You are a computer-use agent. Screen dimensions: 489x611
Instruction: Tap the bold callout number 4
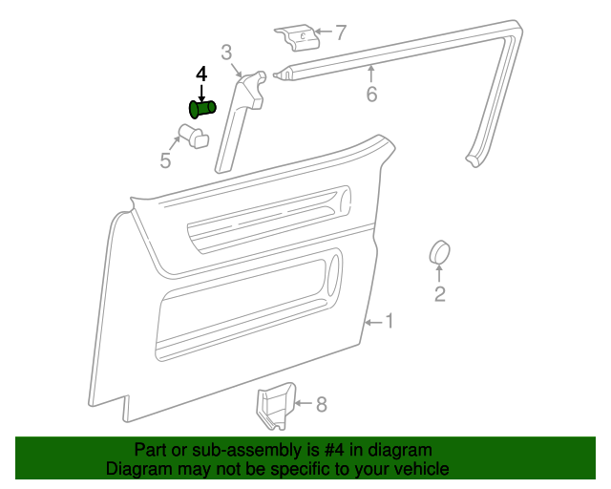pyautogui.click(x=200, y=74)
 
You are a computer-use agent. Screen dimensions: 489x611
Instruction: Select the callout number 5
pyautogui.click(x=165, y=160)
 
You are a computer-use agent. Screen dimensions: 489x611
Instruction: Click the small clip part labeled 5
pyautogui.click(x=195, y=136)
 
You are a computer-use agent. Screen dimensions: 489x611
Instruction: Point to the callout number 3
pyautogui.click(x=227, y=52)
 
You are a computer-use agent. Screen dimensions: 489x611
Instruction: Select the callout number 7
pyautogui.click(x=340, y=33)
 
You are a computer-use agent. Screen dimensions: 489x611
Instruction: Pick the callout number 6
pyautogui.click(x=371, y=94)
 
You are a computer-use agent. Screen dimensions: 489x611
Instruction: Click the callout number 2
pyautogui.click(x=440, y=293)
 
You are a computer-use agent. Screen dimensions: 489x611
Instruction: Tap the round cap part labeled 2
pyautogui.click(x=439, y=252)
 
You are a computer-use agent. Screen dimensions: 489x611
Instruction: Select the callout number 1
pyautogui.click(x=389, y=321)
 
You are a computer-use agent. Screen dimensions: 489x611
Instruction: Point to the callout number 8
pyautogui.click(x=321, y=405)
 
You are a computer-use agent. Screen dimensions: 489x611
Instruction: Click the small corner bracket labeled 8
pyautogui.click(x=275, y=406)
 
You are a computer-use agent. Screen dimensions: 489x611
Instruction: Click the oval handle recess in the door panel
pyautogui.click(x=332, y=269)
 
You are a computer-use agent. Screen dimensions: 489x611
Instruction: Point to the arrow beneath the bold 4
pyautogui.click(x=201, y=92)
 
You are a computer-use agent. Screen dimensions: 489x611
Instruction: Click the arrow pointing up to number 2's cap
pyautogui.click(x=440, y=274)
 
